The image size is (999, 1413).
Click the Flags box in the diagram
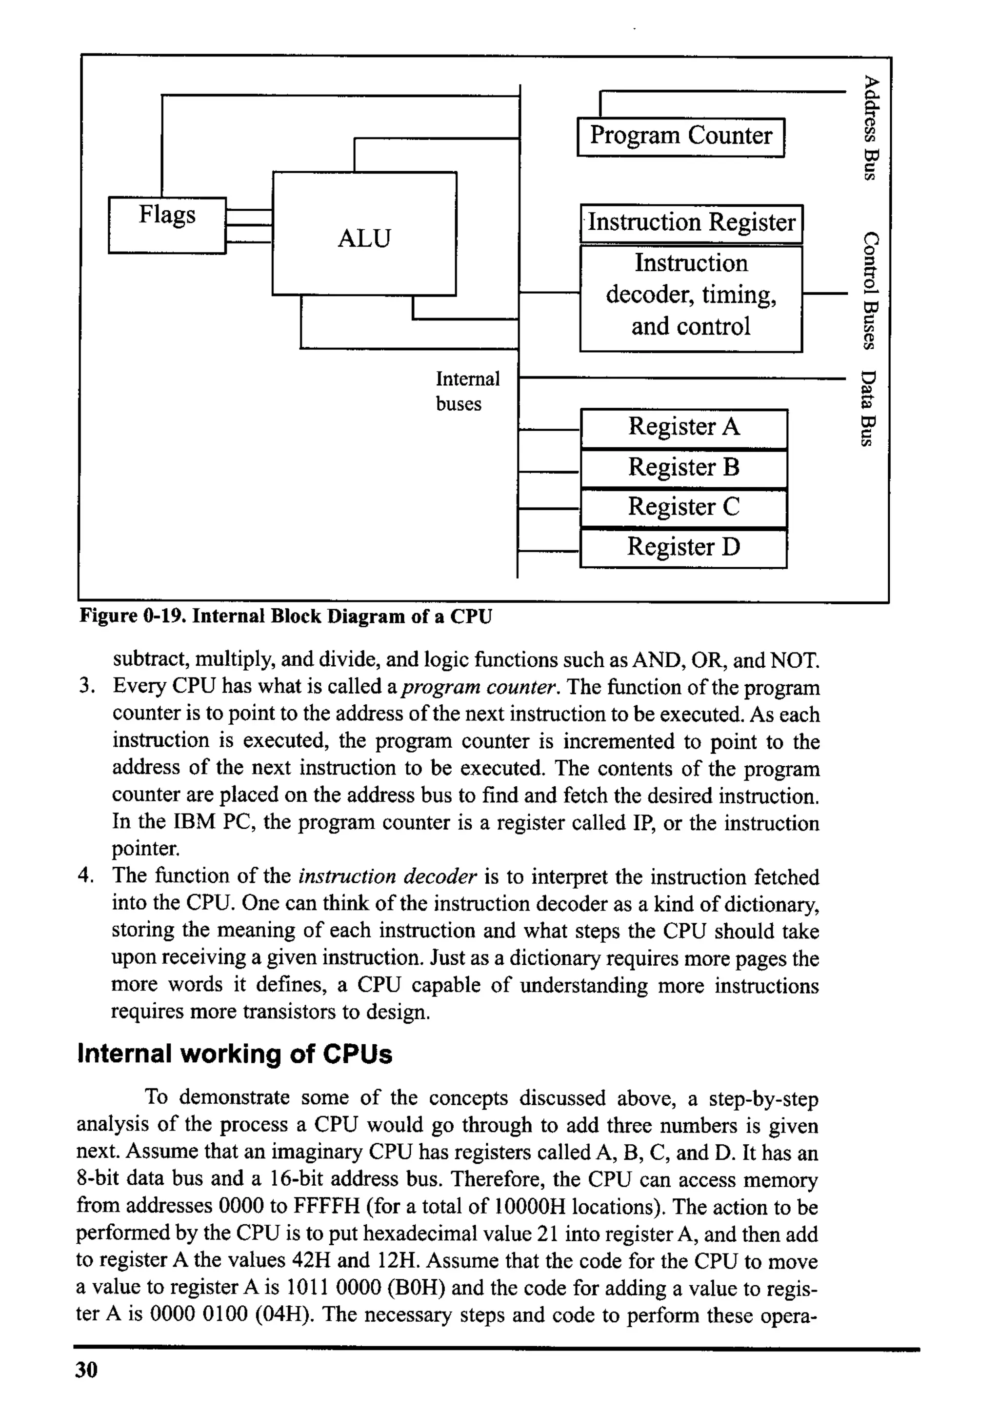(167, 225)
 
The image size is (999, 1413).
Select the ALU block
(364, 234)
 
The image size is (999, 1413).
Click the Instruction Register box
(691, 223)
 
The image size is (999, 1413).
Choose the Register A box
(683, 428)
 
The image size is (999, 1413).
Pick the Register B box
(683, 468)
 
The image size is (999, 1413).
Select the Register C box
(683, 508)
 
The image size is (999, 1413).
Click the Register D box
(683, 548)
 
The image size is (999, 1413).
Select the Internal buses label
(467, 391)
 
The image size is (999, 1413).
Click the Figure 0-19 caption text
(286, 616)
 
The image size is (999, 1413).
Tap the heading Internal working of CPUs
(235, 1054)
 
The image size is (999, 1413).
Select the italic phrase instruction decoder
(388, 876)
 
